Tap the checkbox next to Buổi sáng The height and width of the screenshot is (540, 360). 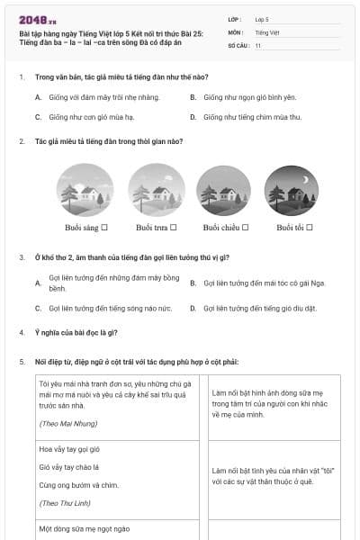coord(105,228)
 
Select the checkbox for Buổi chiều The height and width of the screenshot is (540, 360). coord(245,228)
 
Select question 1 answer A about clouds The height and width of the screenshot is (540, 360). coord(91,96)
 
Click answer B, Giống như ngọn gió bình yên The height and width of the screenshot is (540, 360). coord(249,96)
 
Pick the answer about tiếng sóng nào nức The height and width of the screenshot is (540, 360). coord(99,308)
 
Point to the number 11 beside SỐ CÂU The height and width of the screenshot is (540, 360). coord(257,45)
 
